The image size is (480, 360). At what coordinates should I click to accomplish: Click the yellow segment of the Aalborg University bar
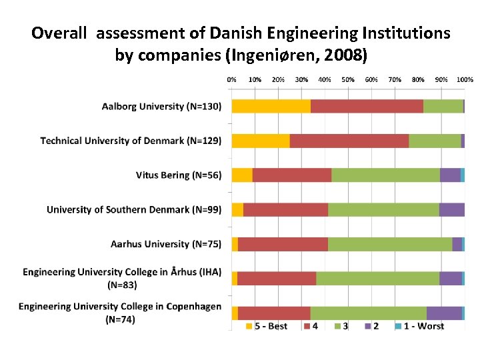(x=271, y=106)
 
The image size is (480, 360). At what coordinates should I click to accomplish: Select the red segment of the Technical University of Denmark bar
(x=349, y=141)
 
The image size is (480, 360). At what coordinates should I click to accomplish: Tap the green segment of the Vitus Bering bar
(x=385, y=175)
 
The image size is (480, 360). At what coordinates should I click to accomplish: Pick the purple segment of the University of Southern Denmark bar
(x=451, y=209)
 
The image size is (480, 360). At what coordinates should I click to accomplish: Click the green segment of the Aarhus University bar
(x=390, y=244)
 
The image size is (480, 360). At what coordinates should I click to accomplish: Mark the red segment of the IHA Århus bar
(x=277, y=279)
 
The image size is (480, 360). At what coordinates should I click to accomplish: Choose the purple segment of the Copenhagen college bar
(x=444, y=313)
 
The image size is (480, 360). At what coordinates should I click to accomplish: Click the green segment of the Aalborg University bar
(x=443, y=106)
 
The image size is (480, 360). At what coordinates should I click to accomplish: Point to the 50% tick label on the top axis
(x=348, y=79)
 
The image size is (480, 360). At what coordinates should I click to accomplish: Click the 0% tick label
(x=232, y=79)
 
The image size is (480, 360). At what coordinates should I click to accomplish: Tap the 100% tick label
(x=465, y=79)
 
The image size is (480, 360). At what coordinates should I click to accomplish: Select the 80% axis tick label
(x=418, y=79)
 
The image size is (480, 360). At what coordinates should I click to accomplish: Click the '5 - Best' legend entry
(x=267, y=326)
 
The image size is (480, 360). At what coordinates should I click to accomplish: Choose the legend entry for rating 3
(x=341, y=326)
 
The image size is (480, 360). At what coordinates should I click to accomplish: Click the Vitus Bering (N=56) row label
(x=178, y=175)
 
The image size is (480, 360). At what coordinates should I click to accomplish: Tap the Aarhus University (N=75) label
(x=166, y=244)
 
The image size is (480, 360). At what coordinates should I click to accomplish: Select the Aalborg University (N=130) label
(x=161, y=106)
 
